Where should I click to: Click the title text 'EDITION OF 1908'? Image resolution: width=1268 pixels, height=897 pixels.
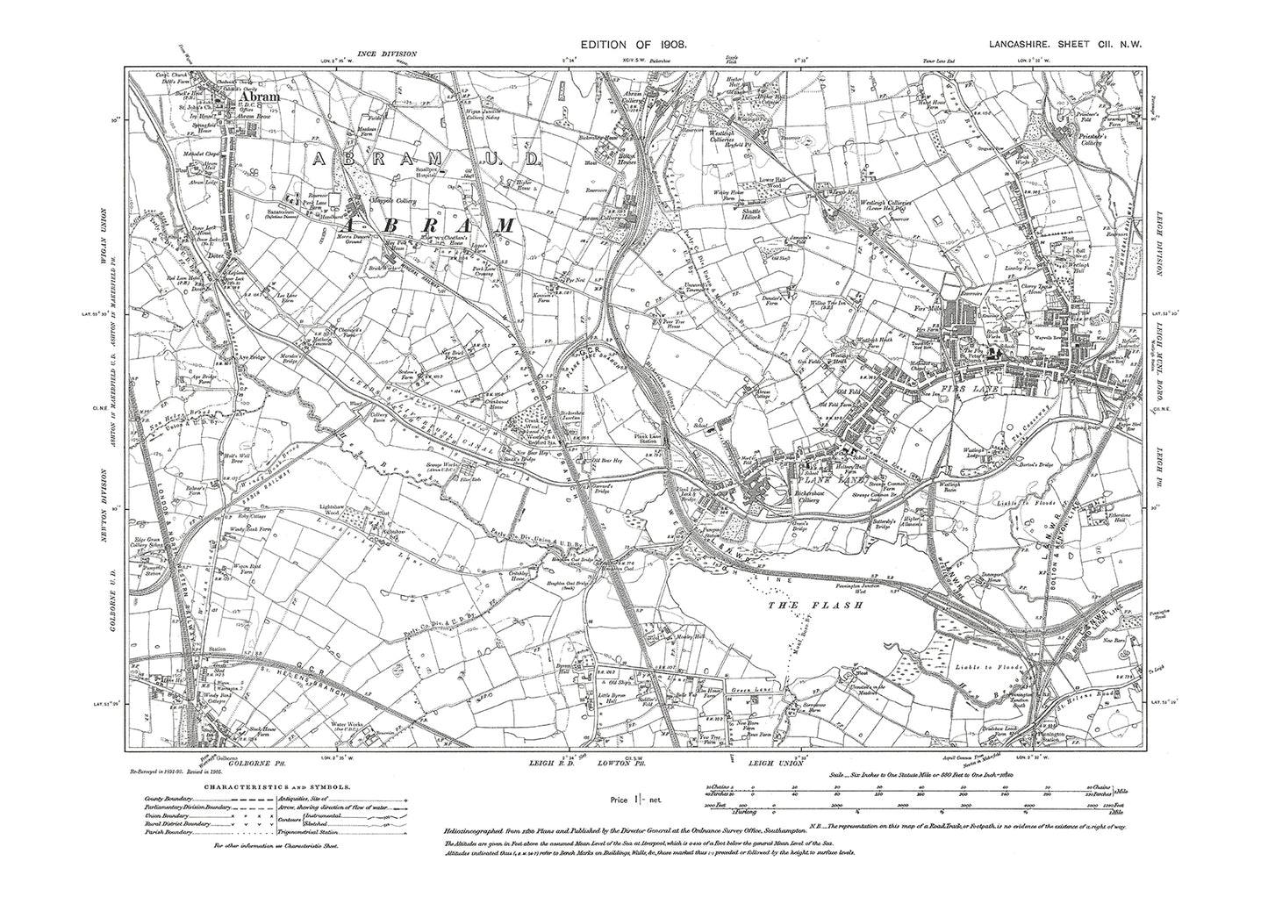(634, 43)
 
